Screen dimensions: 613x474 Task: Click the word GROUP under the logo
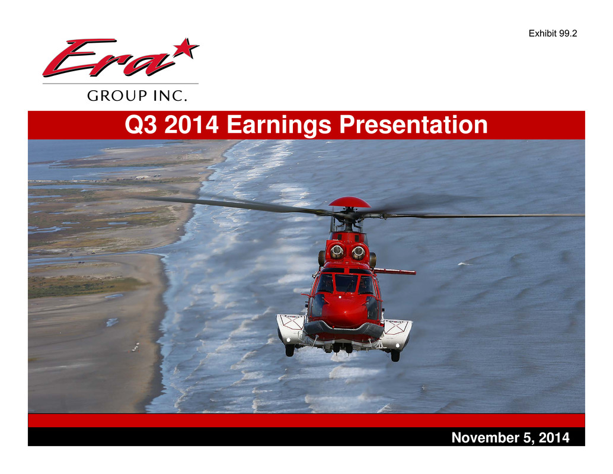click(117, 96)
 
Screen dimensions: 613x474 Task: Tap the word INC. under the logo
click(170, 96)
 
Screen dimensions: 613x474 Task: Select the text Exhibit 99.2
click(553, 34)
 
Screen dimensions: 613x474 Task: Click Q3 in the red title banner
click(141, 125)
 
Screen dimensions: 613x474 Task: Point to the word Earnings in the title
click(279, 125)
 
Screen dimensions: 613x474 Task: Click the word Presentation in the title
click(414, 125)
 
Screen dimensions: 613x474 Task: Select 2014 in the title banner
click(191, 125)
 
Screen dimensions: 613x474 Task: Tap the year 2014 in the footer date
click(554, 438)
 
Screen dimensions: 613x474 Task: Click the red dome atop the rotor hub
click(350, 202)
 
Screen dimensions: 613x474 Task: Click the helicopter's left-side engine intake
click(337, 252)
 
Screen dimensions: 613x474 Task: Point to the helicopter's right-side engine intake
click(358, 252)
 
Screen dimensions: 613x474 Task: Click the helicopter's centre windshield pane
click(346, 283)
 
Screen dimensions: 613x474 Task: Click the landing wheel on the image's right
click(395, 355)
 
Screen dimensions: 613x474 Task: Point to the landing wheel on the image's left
click(290, 350)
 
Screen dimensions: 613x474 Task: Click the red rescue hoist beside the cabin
click(395, 271)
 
